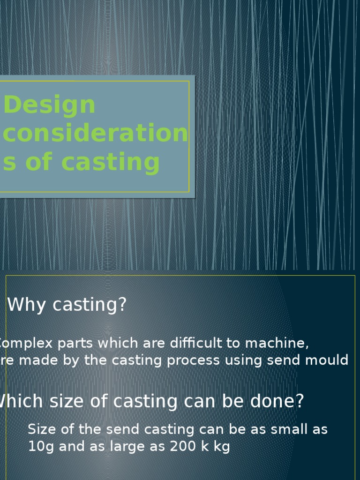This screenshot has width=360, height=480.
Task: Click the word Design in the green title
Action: point(49,105)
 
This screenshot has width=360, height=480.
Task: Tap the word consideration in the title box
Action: point(95,134)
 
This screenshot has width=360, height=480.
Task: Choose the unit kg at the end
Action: point(220,447)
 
